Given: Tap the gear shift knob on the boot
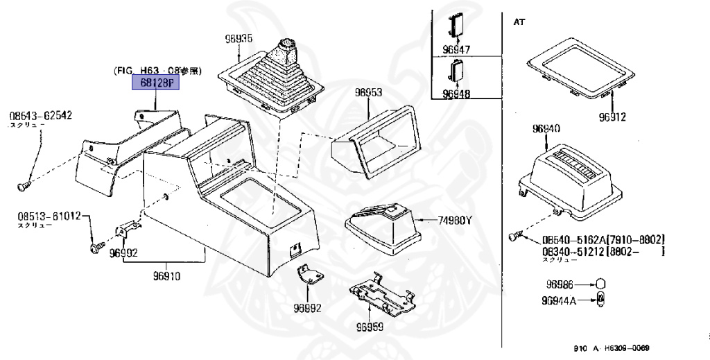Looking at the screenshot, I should point(286,50).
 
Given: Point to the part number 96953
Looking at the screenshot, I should point(368,92).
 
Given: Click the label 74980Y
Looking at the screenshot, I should point(454,221).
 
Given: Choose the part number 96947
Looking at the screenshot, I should point(456,50).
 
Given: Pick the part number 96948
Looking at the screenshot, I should point(456,94).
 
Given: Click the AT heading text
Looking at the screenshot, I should point(519,22).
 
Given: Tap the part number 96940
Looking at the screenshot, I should point(548,129).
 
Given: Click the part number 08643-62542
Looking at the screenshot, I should point(41,117).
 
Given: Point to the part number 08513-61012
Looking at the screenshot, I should point(49,216).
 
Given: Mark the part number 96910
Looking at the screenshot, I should point(167,276).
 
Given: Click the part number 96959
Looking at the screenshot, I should point(370,327).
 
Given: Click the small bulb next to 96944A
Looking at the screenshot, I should point(601,302).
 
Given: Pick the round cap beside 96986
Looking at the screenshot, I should point(601,284).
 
